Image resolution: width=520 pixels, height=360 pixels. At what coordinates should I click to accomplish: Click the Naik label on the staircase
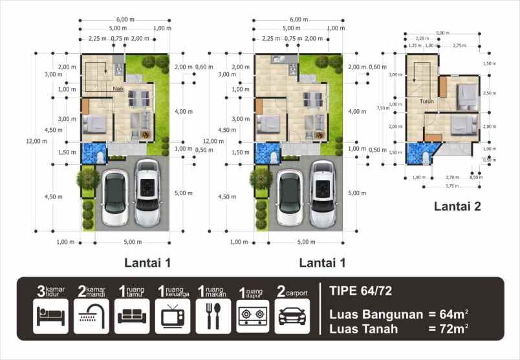click(118, 89)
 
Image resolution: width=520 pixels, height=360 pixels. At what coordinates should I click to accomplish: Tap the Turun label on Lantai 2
click(426, 101)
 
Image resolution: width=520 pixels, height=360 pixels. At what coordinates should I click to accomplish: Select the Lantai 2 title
click(457, 207)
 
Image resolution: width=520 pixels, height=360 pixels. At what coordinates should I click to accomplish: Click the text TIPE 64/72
click(358, 290)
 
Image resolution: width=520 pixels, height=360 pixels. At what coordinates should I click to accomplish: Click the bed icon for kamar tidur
click(50, 317)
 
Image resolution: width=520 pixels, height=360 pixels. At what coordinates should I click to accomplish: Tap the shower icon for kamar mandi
click(91, 317)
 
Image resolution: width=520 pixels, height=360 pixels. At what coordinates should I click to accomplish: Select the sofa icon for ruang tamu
click(132, 317)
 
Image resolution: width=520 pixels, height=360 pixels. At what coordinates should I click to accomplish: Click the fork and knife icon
click(213, 317)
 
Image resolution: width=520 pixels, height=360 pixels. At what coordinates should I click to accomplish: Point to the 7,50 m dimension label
click(384, 108)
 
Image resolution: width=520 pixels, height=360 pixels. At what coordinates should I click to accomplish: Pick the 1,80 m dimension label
click(418, 176)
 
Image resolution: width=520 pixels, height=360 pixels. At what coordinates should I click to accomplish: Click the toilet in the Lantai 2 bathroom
click(424, 157)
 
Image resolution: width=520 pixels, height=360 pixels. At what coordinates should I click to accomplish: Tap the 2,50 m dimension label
click(490, 93)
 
